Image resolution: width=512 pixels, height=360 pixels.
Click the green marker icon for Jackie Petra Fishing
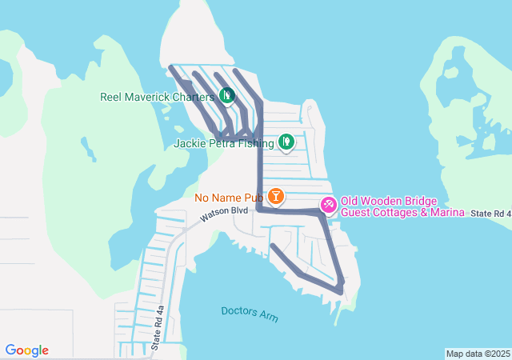(x=286, y=142)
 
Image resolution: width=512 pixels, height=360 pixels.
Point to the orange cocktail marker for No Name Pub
(x=276, y=196)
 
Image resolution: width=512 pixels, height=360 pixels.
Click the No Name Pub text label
(x=229, y=197)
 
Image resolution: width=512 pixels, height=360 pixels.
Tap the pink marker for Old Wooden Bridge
(x=328, y=205)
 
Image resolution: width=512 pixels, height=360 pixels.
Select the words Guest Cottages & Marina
(x=402, y=212)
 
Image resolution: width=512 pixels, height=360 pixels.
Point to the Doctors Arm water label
(x=250, y=314)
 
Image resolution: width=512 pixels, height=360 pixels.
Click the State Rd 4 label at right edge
(x=490, y=214)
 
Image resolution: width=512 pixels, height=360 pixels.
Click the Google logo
(x=27, y=350)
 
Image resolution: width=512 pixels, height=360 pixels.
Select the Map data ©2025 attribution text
(x=478, y=354)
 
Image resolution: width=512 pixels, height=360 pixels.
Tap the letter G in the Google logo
(x=10, y=350)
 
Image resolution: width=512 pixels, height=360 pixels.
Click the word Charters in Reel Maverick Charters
(x=190, y=97)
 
